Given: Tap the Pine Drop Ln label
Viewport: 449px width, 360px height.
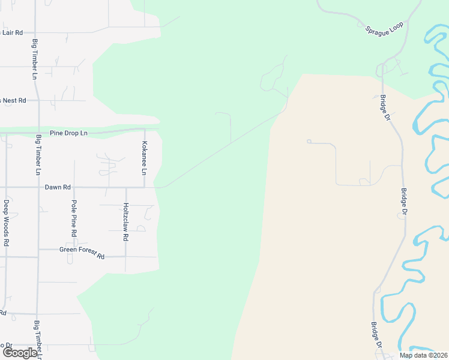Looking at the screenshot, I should [68, 132].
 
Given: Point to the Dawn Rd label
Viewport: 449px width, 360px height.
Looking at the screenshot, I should [58, 187].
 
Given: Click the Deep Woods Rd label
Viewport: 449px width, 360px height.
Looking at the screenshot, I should [6, 223].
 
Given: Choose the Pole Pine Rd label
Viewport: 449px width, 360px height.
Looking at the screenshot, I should [74, 218].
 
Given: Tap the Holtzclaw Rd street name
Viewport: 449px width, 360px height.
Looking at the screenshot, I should [125, 222].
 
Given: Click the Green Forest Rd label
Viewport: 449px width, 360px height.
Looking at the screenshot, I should [82, 253].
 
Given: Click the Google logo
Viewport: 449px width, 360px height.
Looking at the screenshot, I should [19, 353].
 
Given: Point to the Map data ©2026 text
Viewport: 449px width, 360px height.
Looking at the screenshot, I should [423, 355].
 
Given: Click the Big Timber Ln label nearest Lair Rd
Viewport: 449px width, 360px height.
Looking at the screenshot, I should [35, 59].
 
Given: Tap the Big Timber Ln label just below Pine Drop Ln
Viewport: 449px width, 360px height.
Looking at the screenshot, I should [38, 155].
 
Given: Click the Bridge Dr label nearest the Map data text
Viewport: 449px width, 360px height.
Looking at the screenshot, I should [376, 337].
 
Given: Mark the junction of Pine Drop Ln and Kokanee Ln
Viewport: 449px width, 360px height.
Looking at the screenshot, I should [145, 129].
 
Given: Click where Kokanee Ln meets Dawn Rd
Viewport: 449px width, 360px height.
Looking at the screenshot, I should [145, 187].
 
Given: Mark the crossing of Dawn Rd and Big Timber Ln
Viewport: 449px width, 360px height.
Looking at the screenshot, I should [38, 187].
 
